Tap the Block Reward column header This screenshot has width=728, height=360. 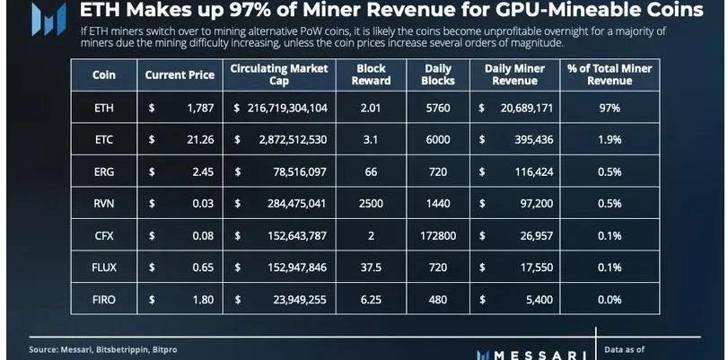371,75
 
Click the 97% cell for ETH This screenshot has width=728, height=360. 610,109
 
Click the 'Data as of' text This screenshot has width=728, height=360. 625,348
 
